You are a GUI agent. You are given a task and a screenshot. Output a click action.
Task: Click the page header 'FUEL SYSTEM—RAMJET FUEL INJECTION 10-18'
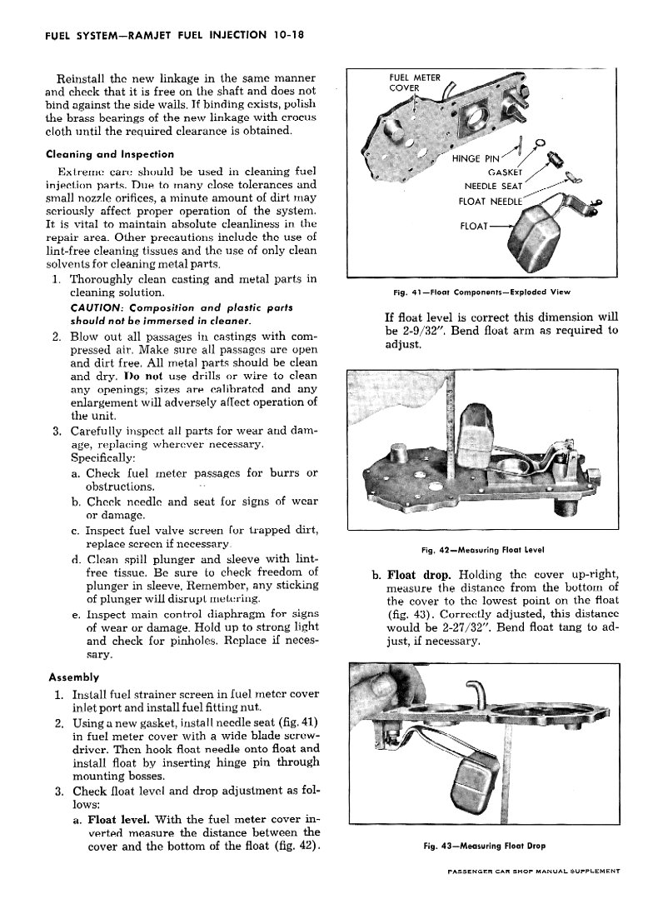coord(166,36)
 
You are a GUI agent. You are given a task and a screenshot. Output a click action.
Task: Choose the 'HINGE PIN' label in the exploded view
coord(476,158)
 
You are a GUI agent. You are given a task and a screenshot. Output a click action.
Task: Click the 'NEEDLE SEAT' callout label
coord(496,186)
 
